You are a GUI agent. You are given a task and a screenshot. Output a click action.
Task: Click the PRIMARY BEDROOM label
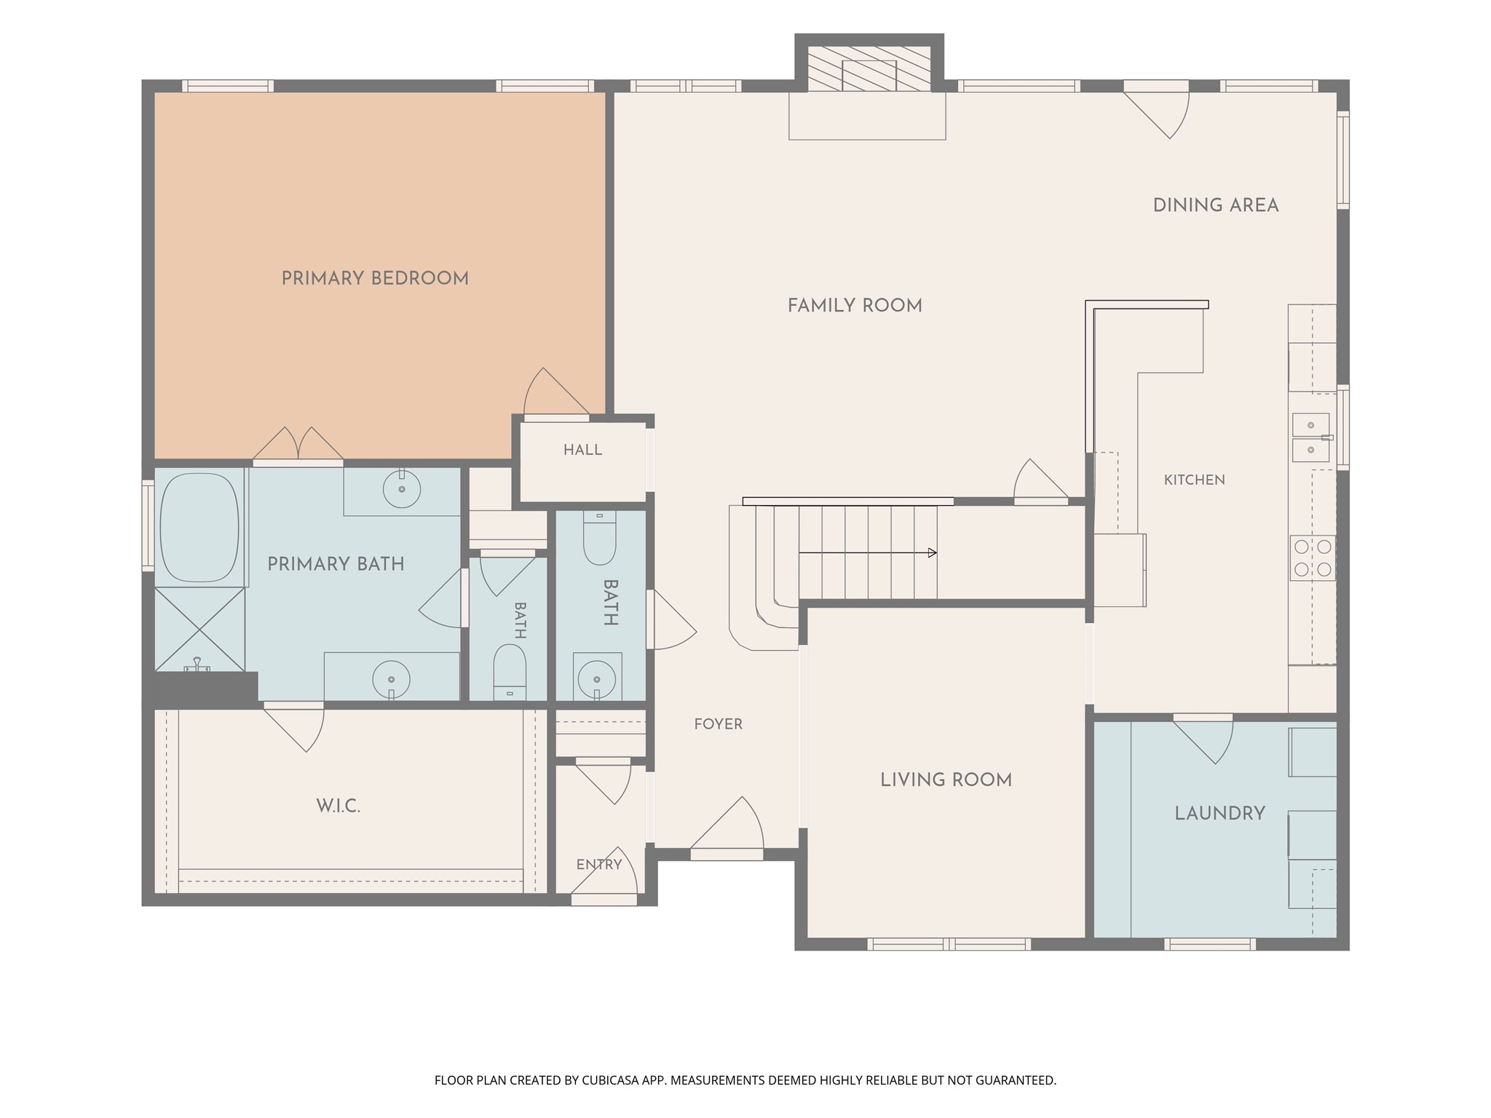click(375, 278)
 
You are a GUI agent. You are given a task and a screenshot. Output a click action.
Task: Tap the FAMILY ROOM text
click(855, 306)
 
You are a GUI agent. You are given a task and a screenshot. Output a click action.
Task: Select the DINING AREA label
click(1216, 205)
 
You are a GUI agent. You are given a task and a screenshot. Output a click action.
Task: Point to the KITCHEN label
click(1195, 480)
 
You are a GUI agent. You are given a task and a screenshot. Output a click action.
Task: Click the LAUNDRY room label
click(1220, 813)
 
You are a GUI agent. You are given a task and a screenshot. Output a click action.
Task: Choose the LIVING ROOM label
click(946, 780)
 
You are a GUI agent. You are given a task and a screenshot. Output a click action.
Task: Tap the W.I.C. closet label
click(339, 806)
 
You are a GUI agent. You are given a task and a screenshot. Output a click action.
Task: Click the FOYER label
click(719, 724)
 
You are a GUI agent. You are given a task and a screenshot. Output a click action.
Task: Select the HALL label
click(583, 450)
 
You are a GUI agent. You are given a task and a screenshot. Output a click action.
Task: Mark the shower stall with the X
click(199, 630)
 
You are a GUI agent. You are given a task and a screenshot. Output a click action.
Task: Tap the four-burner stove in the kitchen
click(1313, 558)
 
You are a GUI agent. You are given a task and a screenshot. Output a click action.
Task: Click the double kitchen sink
click(1311, 437)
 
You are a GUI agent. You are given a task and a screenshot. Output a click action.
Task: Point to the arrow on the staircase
click(868, 553)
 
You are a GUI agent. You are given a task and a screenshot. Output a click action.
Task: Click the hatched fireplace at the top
click(869, 68)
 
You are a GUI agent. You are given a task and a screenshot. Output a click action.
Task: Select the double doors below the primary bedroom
click(298, 445)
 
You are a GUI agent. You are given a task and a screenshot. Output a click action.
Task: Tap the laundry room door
click(1203, 739)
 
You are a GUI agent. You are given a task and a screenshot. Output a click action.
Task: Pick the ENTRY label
click(599, 865)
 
